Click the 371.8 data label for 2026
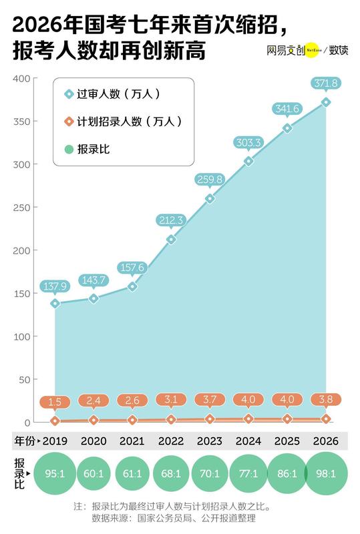click(325, 83)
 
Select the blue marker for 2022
click(171, 239)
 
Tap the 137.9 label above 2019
click(55, 286)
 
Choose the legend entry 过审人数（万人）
click(118, 94)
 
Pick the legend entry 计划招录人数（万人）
click(123, 121)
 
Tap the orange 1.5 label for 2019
click(55, 402)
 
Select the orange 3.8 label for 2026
click(325, 400)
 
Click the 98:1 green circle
click(325, 474)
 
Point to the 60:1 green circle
click(94, 474)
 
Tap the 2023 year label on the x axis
click(209, 442)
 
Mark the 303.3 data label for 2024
click(248, 142)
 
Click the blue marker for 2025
click(287, 128)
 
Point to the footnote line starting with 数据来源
click(174, 517)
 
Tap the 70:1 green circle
click(209, 474)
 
